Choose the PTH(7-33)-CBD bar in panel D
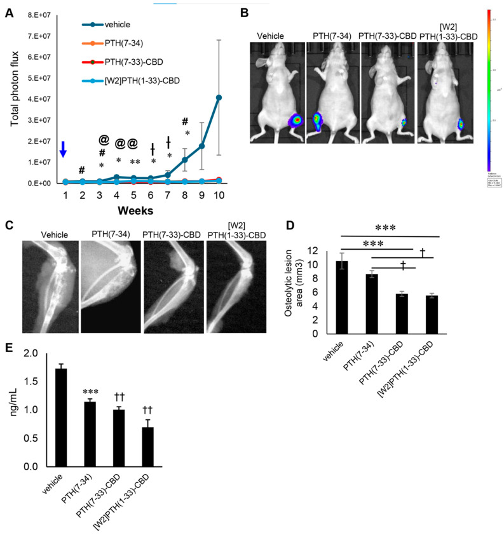point(401,313)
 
